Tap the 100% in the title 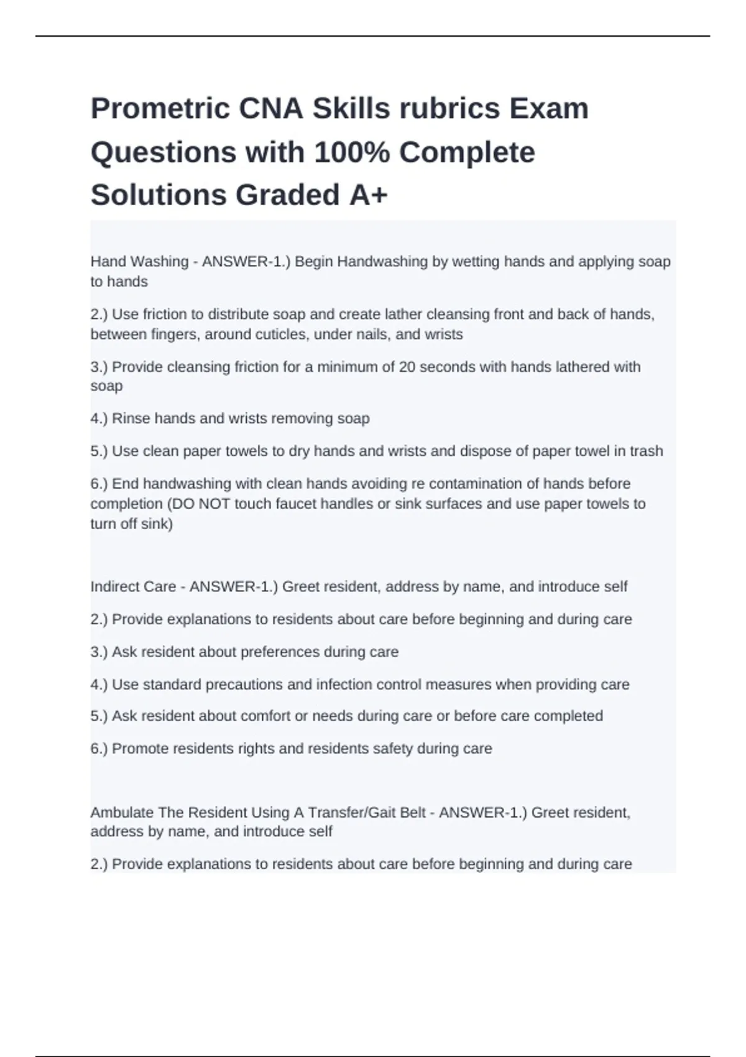[352, 153]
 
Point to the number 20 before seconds [407, 367]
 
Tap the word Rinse [131, 418]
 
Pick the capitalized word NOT [214, 504]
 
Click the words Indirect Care [133, 587]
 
